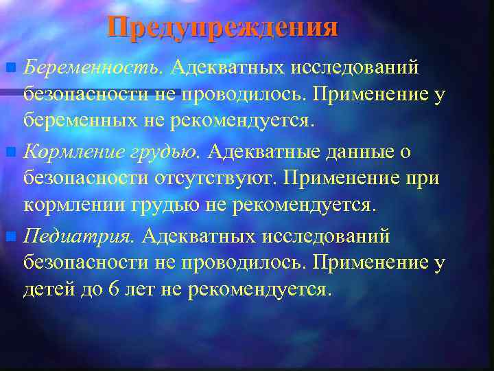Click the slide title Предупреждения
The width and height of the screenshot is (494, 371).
(222, 27)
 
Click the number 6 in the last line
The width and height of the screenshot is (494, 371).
(114, 289)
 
